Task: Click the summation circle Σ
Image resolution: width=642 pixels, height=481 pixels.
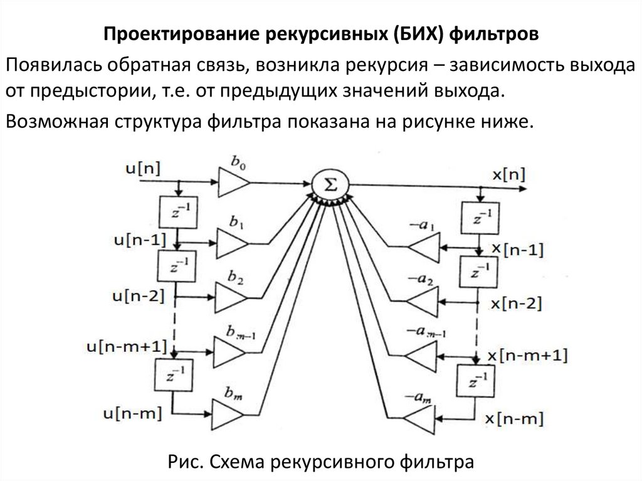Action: click(x=330, y=183)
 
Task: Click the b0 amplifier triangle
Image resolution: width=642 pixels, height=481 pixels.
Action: click(x=233, y=182)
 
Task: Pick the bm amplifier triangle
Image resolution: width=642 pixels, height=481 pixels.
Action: click(x=227, y=415)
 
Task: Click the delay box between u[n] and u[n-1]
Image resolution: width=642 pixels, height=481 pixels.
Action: click(x=179, y=211)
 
